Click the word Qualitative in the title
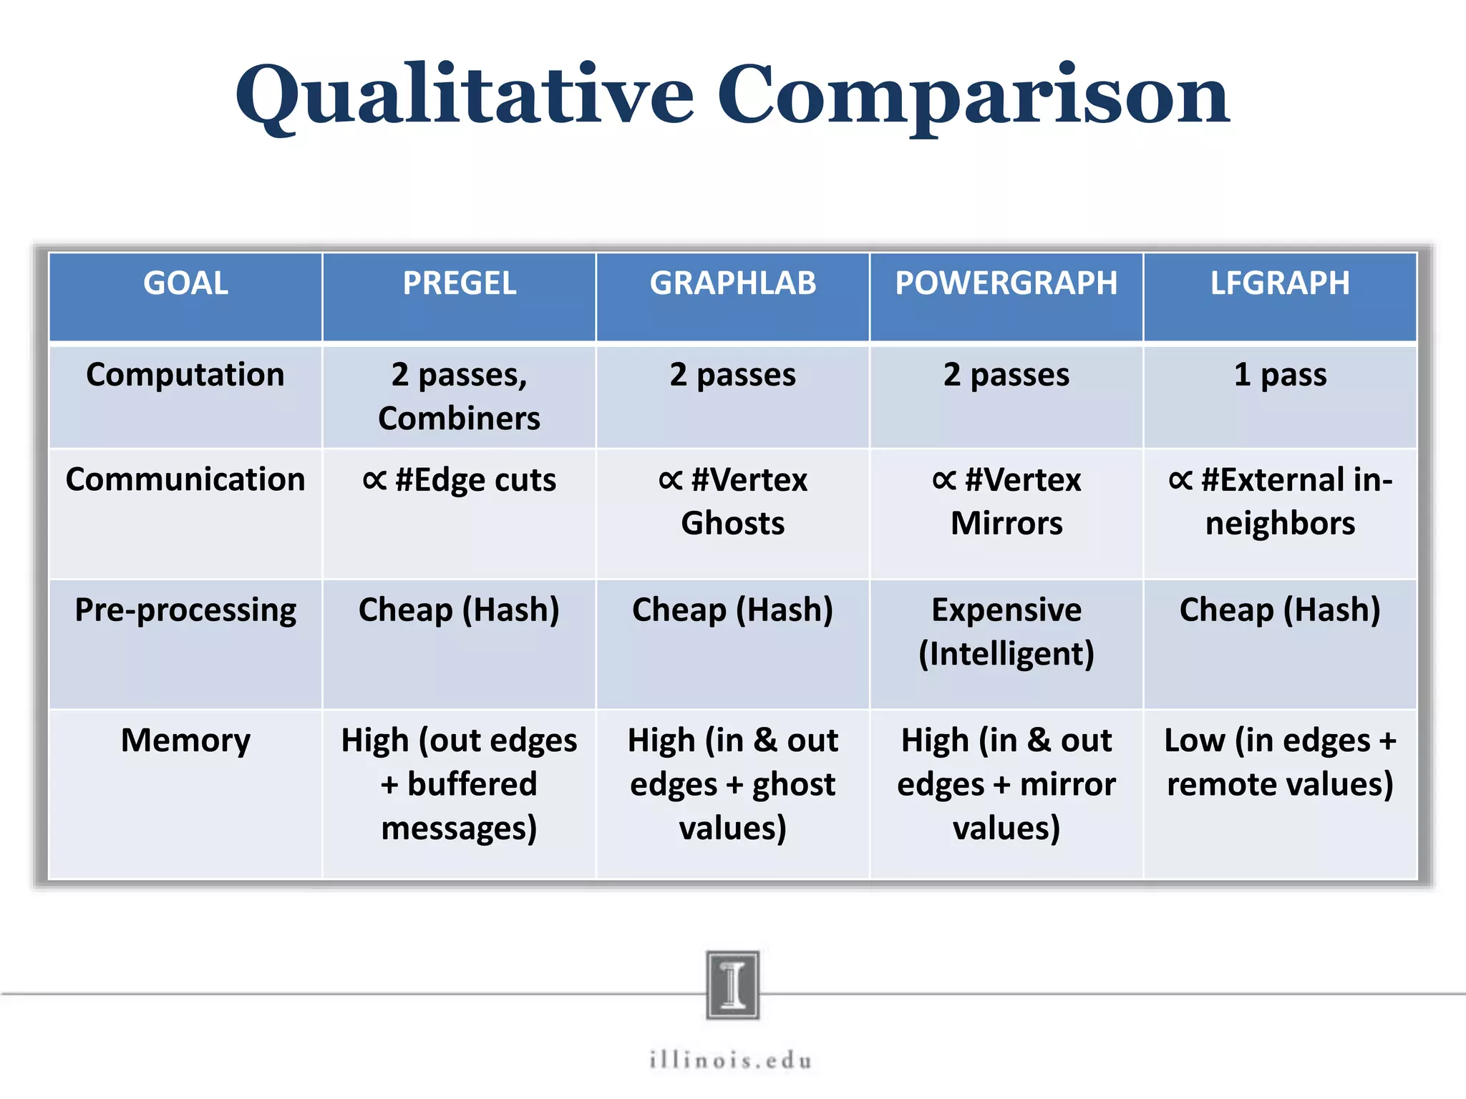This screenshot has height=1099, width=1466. pos(464,97)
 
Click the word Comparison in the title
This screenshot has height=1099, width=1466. pos(973,97)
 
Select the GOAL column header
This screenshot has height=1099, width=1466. pos(185,283)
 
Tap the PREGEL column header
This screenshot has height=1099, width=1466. pos(459,283)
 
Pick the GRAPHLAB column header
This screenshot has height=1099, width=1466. pos(732,283)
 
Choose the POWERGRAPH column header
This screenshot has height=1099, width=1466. pos(1006,283)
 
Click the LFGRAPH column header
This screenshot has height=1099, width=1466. pos(1279,283)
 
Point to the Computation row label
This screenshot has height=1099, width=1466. pos(185,375)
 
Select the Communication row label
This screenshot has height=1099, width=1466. pos(185,479)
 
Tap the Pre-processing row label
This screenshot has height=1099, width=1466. pos(185,610)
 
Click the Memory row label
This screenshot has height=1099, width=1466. pos(185,741)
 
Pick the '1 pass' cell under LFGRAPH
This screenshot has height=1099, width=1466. pos(1280,375)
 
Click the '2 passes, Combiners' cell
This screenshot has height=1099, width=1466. pos(459,396)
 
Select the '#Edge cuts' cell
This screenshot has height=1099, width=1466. pos(459,480)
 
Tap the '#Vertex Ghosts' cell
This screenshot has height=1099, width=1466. pos(732,501)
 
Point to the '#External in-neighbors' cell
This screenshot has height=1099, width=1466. pos(1280,501)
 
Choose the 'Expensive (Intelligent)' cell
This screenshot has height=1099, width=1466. pos(1006,632)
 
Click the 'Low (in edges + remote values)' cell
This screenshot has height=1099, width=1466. pos(1280,762)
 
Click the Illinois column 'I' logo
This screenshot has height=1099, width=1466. pos(732,985)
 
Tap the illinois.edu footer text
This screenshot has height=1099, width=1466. pos(731,1060)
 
